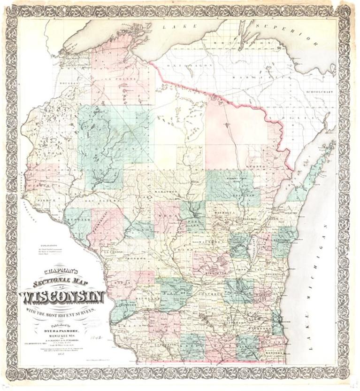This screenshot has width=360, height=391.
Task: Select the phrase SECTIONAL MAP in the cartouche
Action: [59, 283]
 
